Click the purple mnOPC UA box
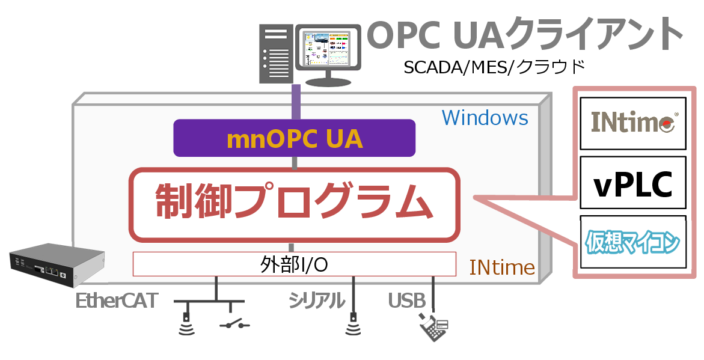coord(295,138)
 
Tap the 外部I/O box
coord(295,264)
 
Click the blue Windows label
coord(485,117)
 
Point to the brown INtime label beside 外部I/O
coord(503,267)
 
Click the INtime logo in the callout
coord(633,123)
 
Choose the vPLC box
coord(633,185)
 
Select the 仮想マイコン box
coord(633,243)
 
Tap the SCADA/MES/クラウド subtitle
coord(494,66)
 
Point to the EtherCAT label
coord(117,301)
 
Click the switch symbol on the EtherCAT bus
coord(235,325)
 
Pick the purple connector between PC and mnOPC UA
coord(295,102)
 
